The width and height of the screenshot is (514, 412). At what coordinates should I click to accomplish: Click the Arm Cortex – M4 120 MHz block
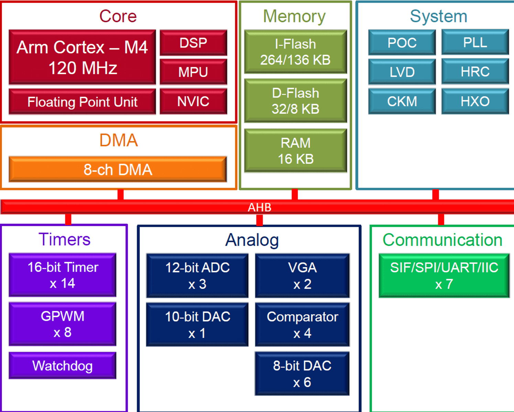[82, 57]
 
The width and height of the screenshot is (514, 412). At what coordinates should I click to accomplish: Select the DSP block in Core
[193, 43]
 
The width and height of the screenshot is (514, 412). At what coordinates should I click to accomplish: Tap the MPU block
[193, 72]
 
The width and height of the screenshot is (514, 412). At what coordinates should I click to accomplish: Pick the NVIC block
[193, 101]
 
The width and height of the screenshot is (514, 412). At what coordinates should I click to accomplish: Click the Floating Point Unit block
[82, 102]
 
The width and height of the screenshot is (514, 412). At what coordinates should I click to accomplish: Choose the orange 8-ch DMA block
[118, 170]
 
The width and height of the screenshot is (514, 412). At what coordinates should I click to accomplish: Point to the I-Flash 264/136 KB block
[295, 52]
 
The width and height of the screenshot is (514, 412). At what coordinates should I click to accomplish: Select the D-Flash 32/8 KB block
[295, 101]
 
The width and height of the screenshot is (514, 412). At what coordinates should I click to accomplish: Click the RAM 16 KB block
[295, 151]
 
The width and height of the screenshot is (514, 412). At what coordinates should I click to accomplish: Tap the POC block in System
[402, 43]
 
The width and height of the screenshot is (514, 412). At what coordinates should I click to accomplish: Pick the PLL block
[475, 42]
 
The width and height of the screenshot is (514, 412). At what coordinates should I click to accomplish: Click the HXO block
[475, 101]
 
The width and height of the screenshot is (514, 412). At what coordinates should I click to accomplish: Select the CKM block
[402, 101]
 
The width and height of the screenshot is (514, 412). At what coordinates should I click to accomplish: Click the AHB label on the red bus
[260, 207]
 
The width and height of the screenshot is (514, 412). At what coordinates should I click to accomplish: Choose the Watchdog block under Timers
[62, 366]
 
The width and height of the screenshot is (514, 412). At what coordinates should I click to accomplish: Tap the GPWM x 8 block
[62, 324]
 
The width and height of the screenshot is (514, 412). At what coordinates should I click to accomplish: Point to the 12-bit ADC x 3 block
[197, 276]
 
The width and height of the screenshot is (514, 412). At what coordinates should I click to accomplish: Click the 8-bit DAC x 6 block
[302, 374]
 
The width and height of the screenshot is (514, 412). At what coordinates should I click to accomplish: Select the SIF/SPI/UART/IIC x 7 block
[444, 276]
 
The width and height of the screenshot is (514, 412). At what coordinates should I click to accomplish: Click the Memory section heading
[294, 16]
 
